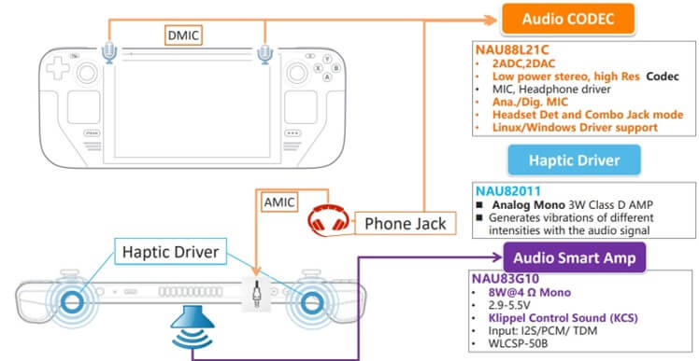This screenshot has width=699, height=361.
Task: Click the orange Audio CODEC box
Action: coord(568,19)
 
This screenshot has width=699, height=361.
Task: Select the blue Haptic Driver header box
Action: coord(574,160)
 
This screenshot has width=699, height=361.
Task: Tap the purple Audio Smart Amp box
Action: coord(574,257)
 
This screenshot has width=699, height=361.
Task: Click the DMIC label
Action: coord(183,35)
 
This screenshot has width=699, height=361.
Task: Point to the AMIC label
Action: coord(279,202)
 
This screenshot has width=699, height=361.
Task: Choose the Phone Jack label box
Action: coord(406,224)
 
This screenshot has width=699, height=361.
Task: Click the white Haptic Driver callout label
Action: coord(170,252)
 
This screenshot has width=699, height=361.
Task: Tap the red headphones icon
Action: coord(329,219)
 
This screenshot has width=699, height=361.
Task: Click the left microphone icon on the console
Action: coord(109,53)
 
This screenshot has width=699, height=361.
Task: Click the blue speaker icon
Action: coord(193,327)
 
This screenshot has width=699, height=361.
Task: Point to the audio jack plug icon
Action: coord(256,294)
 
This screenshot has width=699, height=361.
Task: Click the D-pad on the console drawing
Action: coord(58,69)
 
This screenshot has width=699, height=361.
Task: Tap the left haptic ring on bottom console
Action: coord(69,302)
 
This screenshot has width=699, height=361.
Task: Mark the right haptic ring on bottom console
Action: coord(309,302)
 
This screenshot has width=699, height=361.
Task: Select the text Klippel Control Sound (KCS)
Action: coord(563,318)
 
